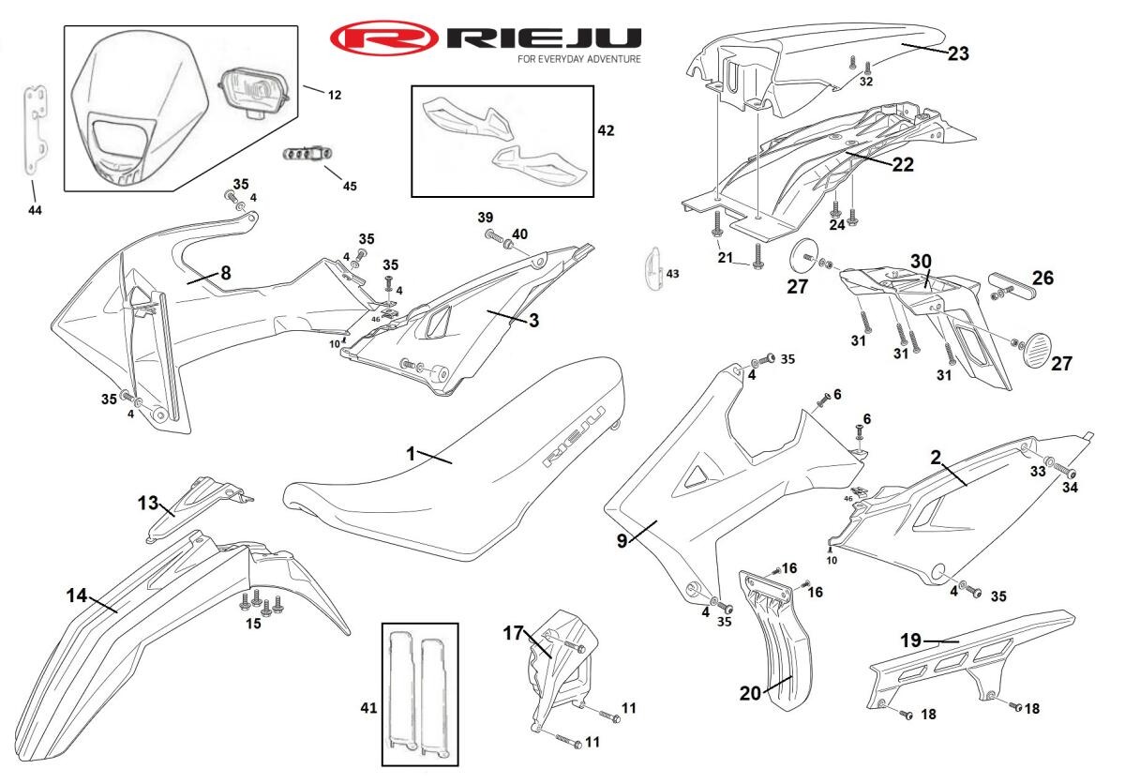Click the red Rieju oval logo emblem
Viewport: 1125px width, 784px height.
click(384, 38)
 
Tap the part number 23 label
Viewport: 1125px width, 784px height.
click(957, 53)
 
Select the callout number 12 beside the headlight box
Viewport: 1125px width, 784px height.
click(335, 94)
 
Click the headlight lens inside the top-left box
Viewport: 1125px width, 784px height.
click(254, 92)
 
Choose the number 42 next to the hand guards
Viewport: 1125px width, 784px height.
click(606, 130)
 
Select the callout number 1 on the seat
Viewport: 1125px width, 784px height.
click(411, 453)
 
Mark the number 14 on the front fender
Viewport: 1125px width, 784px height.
click(76, 595)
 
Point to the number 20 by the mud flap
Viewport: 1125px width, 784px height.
click(750, 693)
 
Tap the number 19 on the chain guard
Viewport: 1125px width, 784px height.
click(911, 641)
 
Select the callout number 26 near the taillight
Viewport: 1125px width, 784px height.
click(1042, 278)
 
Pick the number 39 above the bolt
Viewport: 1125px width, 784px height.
click(485, 218)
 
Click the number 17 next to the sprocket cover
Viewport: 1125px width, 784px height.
click(512, 633)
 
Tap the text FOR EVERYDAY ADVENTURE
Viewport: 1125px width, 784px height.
click(579, 58)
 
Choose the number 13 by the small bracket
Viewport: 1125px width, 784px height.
click(147, 503)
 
